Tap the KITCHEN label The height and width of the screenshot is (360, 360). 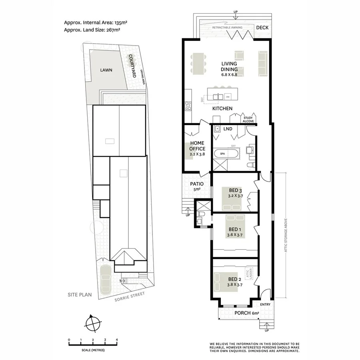click(x=222, y=108)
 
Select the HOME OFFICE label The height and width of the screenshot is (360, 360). click(x=197, y=146)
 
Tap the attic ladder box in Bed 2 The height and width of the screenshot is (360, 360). click(x=251, y=273)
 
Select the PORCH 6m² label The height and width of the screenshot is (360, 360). click(x=245, y=313)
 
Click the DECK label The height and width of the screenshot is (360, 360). click(x=262, y=28)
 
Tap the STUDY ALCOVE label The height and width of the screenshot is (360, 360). click(x=248, y=119)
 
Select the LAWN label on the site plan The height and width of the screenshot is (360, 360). click(x=106, y=70)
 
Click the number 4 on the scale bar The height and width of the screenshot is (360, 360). click(x=116, y=340)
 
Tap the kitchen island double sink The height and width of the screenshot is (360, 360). click(x=218, y=97)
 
